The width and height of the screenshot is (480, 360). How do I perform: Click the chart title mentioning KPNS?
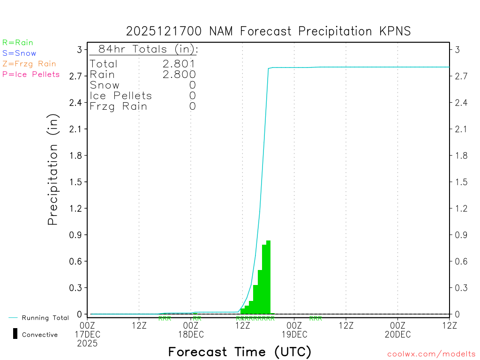268,31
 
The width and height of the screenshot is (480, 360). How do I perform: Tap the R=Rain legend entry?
18,43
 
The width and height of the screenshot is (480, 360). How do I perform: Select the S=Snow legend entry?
19,53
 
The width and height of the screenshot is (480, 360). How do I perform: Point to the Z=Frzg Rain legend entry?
29,64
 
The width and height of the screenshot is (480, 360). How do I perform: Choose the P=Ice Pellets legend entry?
31,74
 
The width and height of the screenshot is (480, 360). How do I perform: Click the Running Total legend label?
45,318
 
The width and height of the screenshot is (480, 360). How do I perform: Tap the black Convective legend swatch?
15,334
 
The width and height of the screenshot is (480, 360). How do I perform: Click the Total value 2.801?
179,64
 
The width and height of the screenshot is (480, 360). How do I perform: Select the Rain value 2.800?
179,75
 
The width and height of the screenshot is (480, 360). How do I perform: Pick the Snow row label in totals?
105,85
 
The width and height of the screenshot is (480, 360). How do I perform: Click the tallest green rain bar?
269,277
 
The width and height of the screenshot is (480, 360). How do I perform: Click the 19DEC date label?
294,334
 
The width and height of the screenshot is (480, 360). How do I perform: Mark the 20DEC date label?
397,334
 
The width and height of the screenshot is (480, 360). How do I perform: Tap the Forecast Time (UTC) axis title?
240,352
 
